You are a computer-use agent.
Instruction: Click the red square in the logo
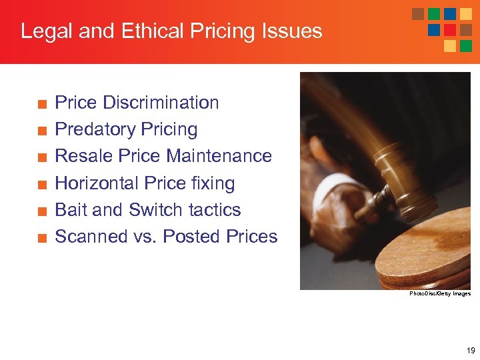pos(450,30)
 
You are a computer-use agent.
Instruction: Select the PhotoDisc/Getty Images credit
pos(440,294)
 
